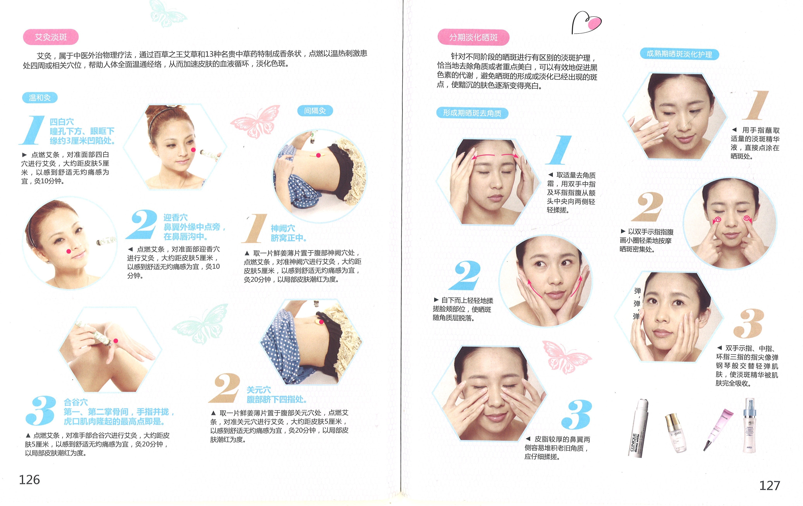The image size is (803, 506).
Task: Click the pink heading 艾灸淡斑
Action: pos(51,37)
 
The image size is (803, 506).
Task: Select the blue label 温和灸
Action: pos(40,98)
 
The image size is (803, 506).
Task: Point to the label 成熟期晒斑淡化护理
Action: pos(679,54)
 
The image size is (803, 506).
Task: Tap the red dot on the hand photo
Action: pos(116,341)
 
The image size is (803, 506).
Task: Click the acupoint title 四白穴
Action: pos(62,122)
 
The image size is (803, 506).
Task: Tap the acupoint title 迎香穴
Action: pos(175,218)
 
